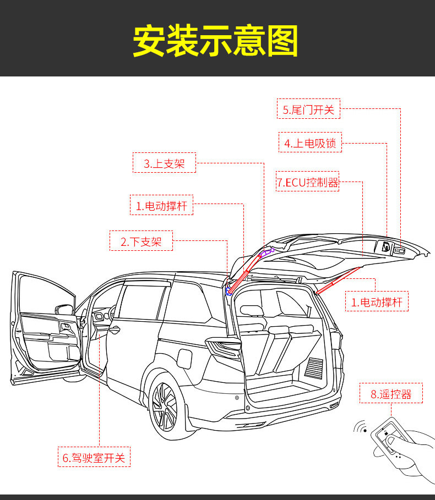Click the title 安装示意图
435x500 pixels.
(215, 41)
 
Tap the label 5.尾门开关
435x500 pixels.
(308, 109)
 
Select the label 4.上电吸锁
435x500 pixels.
(310, 144)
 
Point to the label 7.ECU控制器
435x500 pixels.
(307, 182)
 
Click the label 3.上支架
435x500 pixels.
(164, 163)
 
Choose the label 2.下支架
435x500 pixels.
(141, 241)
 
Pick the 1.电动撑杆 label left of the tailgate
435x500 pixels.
(161, 206)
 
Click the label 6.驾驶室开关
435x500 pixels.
(94, 457)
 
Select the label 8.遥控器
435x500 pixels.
(391, 394)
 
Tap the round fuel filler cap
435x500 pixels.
(184, 358)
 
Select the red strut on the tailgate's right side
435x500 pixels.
(337, 279)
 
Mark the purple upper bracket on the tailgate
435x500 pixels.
(267, 253)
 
